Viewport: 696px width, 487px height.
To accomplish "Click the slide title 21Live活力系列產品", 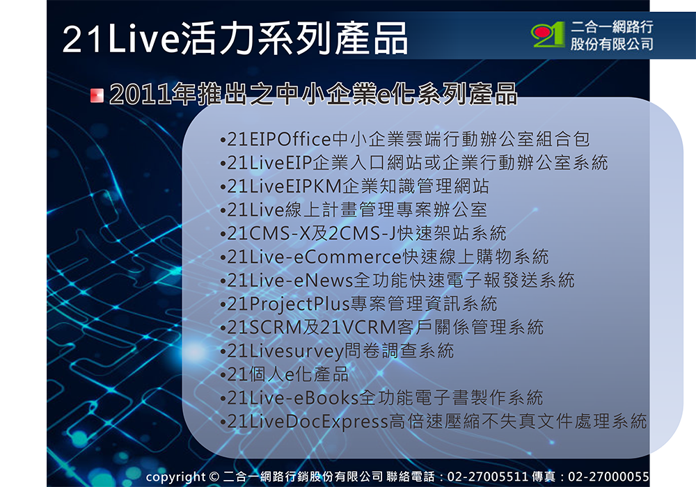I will (x=235, y=40).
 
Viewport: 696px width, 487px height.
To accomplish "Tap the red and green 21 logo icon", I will (x=548, y=35).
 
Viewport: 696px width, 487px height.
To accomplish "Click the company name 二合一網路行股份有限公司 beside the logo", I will (x=612, y=35).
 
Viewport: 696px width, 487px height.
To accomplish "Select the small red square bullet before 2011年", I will (x=97, y=95).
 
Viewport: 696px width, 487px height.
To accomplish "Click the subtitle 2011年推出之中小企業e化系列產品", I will (x=313, y=94).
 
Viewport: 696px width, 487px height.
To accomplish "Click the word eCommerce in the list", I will (x=344, y=257).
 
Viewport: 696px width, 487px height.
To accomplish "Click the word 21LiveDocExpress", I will (x=306, y=422).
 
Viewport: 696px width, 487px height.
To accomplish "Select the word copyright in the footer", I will (x=175, y=477).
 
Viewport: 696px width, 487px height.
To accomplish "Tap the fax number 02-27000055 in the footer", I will (x=609, y=477).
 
